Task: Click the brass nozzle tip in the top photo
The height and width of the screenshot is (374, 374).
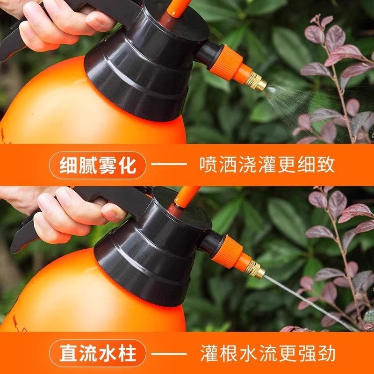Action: [257, 82]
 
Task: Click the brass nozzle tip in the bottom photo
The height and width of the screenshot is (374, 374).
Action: [255, 269]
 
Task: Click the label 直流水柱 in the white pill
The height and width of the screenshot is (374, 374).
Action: [98, 353]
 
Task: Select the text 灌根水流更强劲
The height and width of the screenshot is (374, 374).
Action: [267, 353]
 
